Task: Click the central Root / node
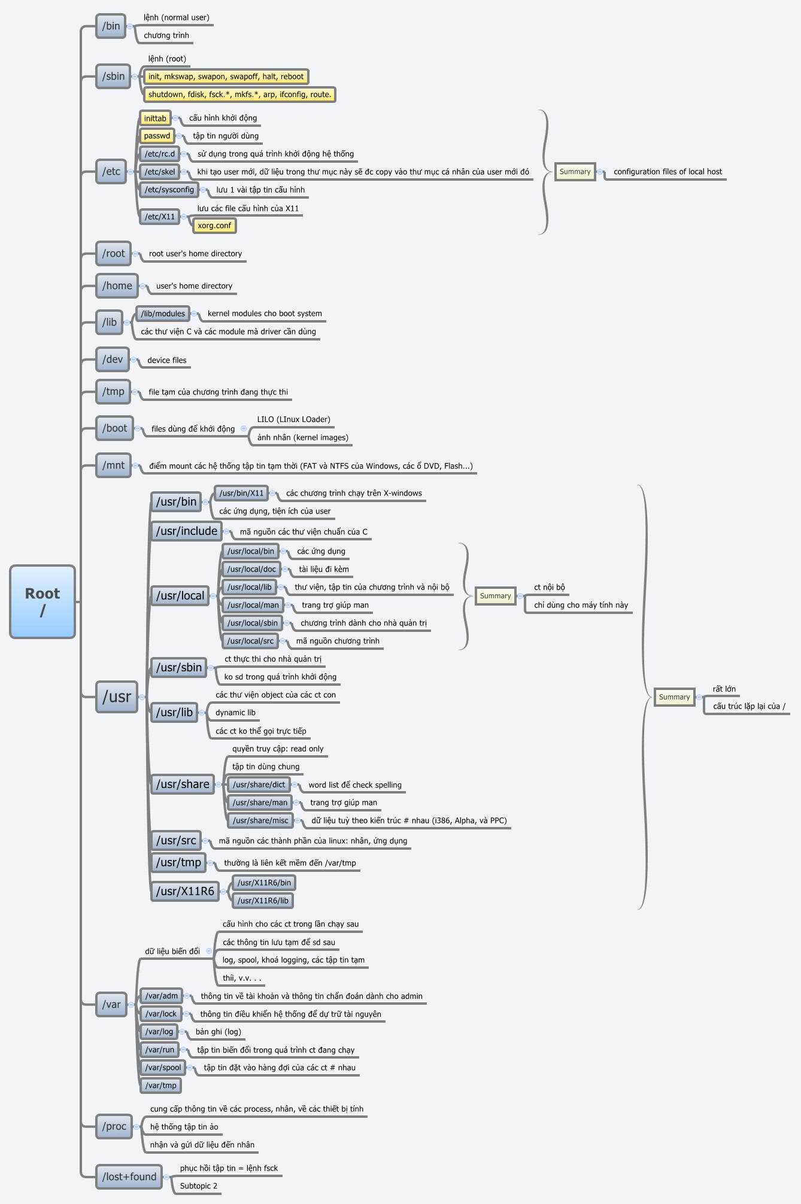coord(43,601)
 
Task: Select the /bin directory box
coord(111,26)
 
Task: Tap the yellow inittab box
coord(155,118)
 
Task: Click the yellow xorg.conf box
coord(214,226)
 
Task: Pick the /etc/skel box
coord(160,172)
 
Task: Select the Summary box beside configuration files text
coord(575,172)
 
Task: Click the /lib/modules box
coord(163,314)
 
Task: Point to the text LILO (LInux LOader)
coord(293,419)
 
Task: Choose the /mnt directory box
coord(113,465)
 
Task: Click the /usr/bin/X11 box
coord(241,493)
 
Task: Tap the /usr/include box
coord(186,531)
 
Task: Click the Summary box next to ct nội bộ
coord(495,596)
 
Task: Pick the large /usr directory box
coord(117,697)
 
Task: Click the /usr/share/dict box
coord(259,785)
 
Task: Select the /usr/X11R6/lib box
coord(263,901)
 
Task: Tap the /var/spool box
coord(163,1068)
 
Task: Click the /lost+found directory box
coord(129,1176)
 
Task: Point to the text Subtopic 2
coord(199,1186)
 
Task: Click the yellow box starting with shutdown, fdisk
coord(239,95)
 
